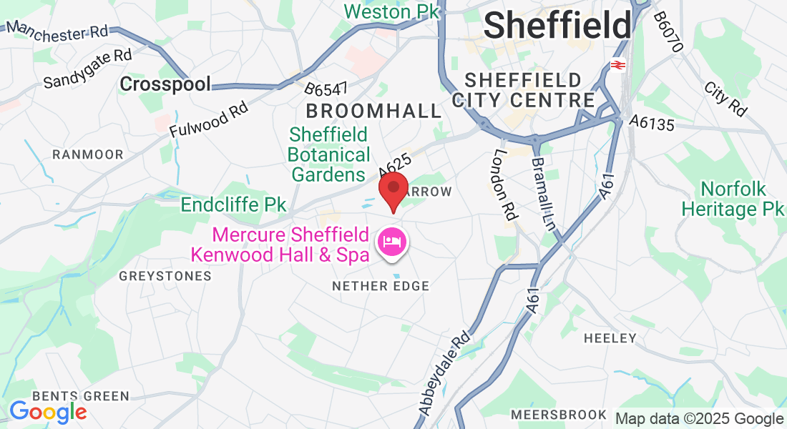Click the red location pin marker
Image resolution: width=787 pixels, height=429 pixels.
(x=393, y=190)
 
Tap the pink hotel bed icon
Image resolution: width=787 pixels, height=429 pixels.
(x=391, y=241)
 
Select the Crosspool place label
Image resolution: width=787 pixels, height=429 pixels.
(x=165, y=84)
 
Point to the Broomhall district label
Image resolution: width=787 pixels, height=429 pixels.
(x=374, y=111)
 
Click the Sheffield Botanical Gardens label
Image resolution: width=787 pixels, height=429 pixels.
(x=329, y=154)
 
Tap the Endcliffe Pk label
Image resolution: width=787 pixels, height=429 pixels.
(x=233, y=205)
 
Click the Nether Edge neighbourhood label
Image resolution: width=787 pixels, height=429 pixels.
(x=381, y=286)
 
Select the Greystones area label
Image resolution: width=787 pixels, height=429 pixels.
(x=165, y=275)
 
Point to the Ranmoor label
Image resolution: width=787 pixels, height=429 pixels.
(x=88, y=154)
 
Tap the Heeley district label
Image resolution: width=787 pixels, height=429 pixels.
(x=610, y=337)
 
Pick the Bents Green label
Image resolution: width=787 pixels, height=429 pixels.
(x=80, y=396)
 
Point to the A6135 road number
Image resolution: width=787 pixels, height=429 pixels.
(x=652, y=124)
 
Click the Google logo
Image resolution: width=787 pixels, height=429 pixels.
(x=47, y=412)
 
